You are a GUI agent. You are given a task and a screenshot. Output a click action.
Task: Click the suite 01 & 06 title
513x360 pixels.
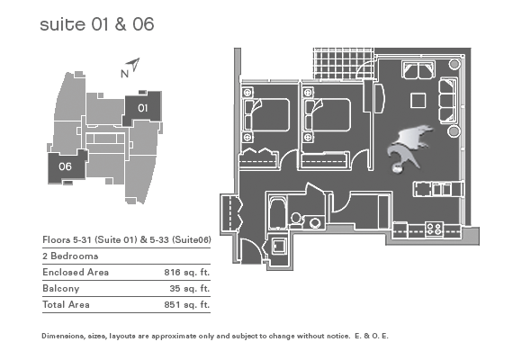click(97, 24)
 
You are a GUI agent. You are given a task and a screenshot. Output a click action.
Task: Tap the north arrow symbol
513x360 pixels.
click(134, 65)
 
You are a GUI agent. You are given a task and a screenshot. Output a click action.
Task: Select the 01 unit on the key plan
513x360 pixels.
click(142, 108)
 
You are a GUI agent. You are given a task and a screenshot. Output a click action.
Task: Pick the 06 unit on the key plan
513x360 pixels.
click(66, 166)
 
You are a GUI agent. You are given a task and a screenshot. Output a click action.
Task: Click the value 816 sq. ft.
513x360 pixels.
click(187, 273)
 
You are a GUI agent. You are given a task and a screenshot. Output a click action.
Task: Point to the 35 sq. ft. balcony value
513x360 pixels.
click(189, 289)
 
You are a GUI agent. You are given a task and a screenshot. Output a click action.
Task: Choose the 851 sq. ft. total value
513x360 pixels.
click(187, 305)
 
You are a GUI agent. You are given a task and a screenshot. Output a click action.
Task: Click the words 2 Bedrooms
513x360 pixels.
click(70, 256)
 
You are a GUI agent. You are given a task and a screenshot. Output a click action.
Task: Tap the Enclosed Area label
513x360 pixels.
click(76, 273)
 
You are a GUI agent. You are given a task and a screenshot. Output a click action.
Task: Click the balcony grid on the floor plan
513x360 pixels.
click(344, 64)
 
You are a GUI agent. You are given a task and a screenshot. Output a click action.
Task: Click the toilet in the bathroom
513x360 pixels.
click(296, 220)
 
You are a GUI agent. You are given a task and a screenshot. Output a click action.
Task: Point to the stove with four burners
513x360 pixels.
click(434, 228)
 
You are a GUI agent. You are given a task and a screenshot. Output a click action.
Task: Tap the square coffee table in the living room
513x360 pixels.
click(418, 101)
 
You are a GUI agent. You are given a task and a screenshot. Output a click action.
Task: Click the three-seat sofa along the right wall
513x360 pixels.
click(448, 101)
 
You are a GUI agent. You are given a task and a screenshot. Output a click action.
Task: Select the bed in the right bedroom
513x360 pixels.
click(328, 115)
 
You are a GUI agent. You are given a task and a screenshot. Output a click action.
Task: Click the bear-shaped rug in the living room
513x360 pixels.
click(409, 147)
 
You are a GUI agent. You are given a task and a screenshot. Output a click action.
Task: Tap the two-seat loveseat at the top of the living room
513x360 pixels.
click(418, 69)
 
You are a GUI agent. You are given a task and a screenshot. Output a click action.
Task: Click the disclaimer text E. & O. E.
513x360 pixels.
click(372, 336)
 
